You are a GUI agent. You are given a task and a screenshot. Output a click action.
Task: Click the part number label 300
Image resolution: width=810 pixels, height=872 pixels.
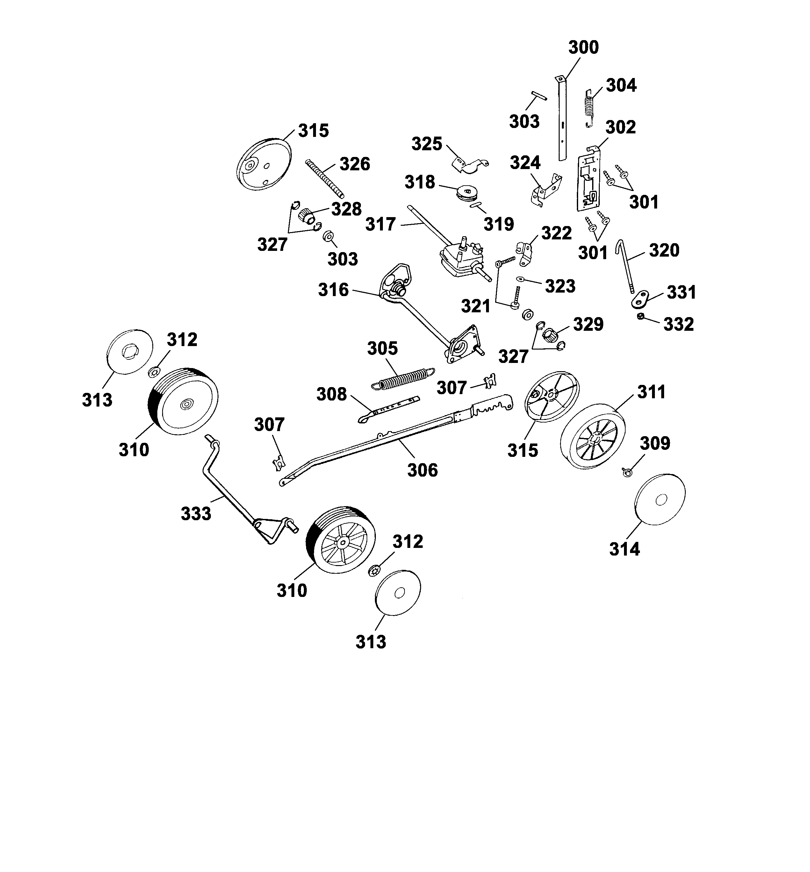click(x=584, y=47)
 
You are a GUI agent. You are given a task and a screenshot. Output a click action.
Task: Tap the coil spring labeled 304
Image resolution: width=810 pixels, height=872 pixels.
click(x=591, y=107)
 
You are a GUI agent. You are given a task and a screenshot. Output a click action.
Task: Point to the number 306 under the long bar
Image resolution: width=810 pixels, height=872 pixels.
click(x=423, y=470)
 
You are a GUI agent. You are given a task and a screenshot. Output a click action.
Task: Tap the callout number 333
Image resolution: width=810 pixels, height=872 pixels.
click(x=196, y=514)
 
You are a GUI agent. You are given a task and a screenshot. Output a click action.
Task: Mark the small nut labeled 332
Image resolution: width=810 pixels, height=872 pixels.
click(x=640, y=317)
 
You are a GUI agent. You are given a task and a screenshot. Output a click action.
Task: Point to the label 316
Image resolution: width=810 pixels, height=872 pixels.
click(x=333, y=290)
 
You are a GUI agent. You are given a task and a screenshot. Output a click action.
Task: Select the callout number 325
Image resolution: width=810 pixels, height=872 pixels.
click(x=427, y=144)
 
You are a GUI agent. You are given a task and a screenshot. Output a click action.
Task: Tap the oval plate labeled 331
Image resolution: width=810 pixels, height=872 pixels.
click(x=640, y=300)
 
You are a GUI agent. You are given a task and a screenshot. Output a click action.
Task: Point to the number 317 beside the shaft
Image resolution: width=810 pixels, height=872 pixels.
click(x=380, y=225)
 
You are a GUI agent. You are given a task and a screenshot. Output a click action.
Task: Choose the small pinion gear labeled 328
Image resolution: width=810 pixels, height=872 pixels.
click(x=306, y=215)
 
